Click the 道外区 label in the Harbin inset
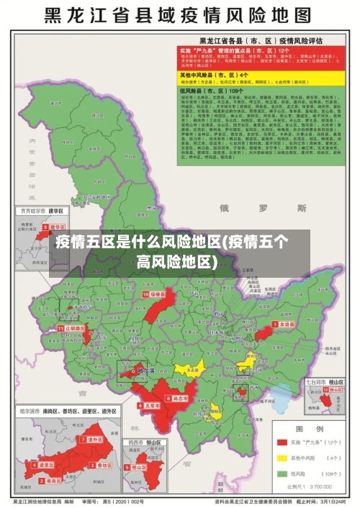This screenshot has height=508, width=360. pyautogui.click(x=95, y=439)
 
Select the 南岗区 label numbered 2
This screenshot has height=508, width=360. pyautogui.click(x=48, y=466)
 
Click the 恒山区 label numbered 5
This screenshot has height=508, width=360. pyautogui.click(x=138, y=467)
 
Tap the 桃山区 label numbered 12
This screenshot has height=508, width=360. pyautogui.click(x=336, y=389)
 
